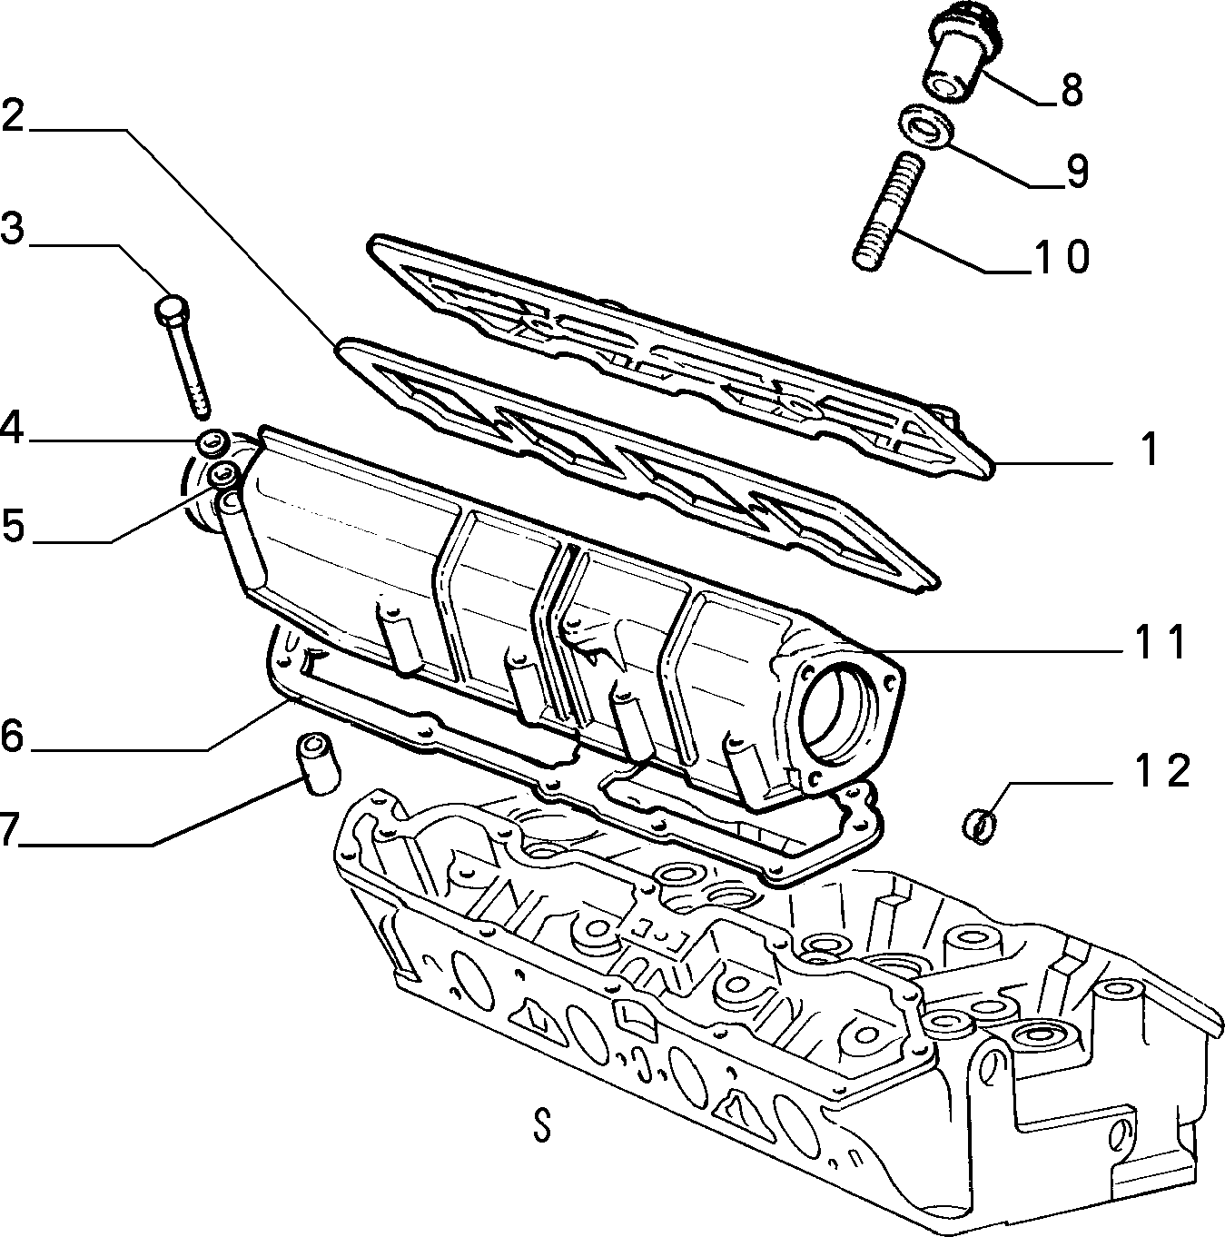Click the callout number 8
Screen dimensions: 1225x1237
(1072, 90)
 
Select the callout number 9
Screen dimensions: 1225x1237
(1077, 172)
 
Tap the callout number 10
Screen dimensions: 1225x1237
(1060, 257)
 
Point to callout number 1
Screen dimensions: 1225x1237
(1150, 449)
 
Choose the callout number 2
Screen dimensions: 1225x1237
(13, 116)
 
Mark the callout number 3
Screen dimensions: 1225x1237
(12, 229)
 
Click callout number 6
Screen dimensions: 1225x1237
(12, 736)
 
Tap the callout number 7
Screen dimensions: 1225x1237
(7, 829)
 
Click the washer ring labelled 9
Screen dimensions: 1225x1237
(927, 125)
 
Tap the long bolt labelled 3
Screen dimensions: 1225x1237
(183, 356)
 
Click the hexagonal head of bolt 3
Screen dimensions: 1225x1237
(172, 309)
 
